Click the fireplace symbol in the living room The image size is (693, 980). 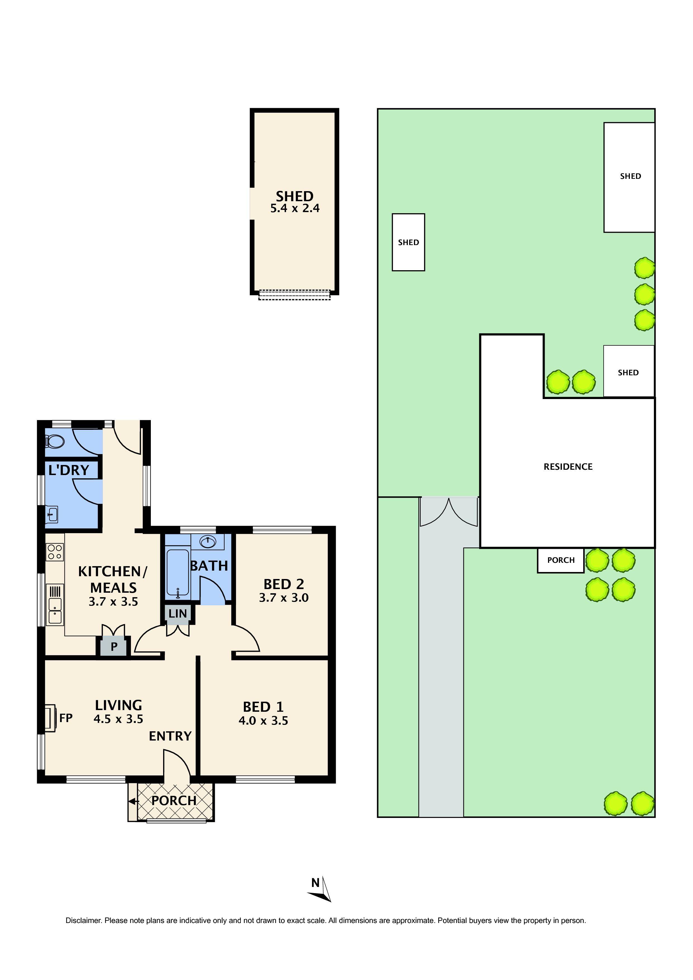[x=50, y=718]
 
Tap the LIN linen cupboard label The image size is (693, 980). [x=178, y=614]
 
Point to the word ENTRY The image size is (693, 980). [x=170, y=736]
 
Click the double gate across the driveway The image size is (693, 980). [x=449, y=512]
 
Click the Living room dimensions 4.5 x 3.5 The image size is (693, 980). [x=118, y=719]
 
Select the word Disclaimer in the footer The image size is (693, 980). [x=83, y=921]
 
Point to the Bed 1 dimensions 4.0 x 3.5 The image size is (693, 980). [x=263, y=721]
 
